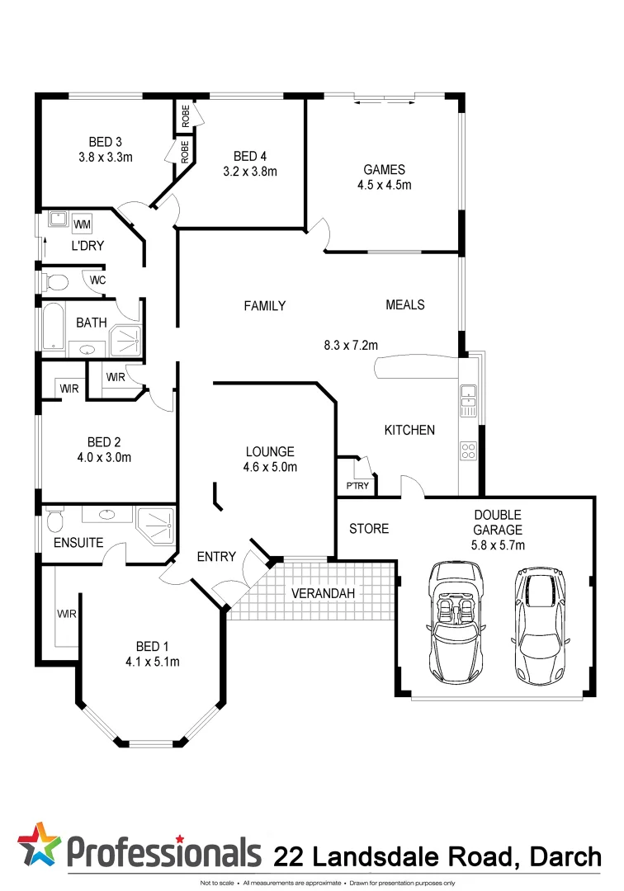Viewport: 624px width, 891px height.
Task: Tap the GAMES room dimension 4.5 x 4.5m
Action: [x=384, y=185]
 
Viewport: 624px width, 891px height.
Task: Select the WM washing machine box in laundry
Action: [x=82, y=224]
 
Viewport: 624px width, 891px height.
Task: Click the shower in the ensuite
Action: [x=157, y=525]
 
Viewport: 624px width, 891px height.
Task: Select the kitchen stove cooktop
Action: [x=468, y=450]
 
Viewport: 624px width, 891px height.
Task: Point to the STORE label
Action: [x=368, y=528]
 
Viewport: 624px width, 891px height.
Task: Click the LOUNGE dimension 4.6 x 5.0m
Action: [x=270, y=466]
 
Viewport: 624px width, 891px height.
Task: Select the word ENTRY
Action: [x=217, y=557]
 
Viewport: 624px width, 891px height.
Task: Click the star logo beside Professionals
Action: [x=40, y=845]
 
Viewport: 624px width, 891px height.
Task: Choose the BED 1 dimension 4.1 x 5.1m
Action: [x=152, y=662]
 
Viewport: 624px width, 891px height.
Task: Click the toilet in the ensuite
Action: [x=55, y=520]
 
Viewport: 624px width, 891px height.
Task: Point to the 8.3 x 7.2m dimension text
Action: [x=351, y=345]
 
